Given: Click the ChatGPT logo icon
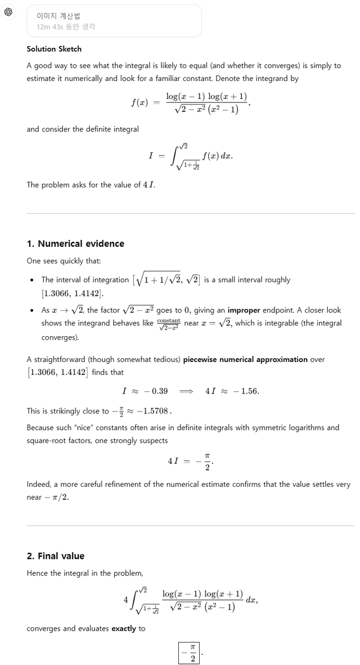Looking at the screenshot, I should [8, 12].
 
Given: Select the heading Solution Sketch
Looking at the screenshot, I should [54, 49].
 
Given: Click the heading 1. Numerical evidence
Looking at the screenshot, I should [75, 243].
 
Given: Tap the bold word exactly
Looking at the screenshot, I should [123, 628].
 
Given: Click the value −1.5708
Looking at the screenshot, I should [153, 411].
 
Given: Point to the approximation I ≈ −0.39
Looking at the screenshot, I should [145, 391].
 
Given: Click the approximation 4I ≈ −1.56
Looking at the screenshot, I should [232, 391].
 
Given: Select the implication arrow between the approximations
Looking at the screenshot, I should [186, 391].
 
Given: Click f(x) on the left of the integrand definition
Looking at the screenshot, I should [139, 103].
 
